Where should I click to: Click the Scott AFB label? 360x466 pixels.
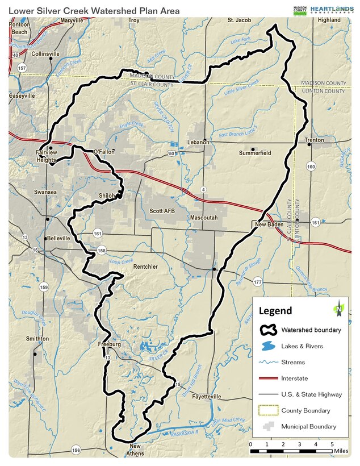[x=162, y=211]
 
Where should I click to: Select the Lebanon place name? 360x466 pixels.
[x=198, y=142]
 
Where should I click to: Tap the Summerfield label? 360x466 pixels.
[x=255, y=153]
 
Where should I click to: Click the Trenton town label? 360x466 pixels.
[x=314, y=140]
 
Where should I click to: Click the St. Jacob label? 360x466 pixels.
[x=238, y=20]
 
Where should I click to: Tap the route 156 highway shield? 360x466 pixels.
[x=76, y=450]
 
